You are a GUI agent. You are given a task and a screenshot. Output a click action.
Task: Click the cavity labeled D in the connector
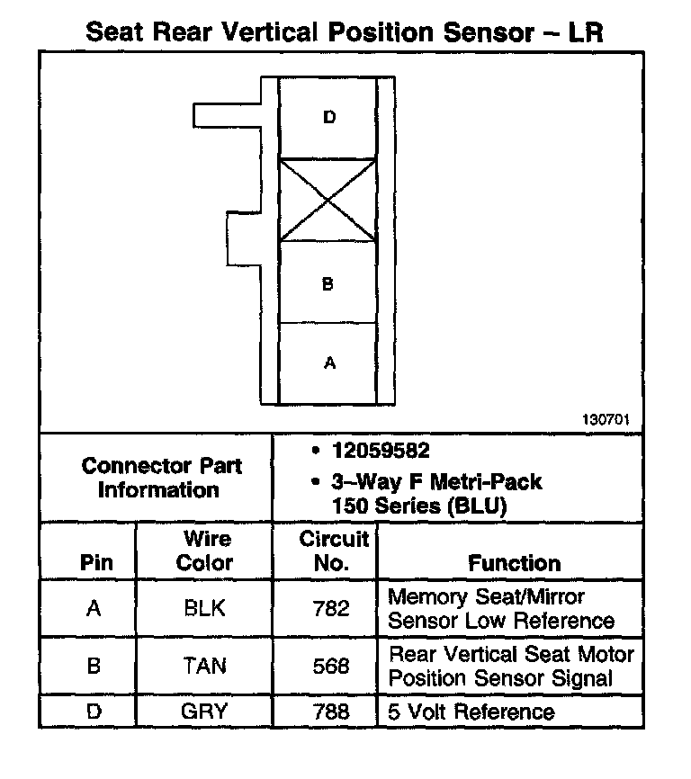328,118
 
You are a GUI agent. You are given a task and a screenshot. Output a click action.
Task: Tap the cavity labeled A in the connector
328,363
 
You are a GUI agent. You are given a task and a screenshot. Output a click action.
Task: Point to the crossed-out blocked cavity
328,201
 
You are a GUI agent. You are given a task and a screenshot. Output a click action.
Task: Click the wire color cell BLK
204,609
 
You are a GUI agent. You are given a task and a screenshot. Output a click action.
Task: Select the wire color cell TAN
204,666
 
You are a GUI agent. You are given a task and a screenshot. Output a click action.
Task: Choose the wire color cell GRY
204,712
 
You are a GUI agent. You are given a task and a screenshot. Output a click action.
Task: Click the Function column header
514,563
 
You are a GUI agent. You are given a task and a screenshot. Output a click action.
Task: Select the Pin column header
96,563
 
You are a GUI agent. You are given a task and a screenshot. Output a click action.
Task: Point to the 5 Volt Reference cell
471,712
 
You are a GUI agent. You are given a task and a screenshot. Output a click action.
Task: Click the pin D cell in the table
94,712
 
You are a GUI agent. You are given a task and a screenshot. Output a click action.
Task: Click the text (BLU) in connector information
474,506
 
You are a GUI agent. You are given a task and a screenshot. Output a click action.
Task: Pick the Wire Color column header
206,551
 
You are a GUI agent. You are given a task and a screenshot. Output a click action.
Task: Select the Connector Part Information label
161,478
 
